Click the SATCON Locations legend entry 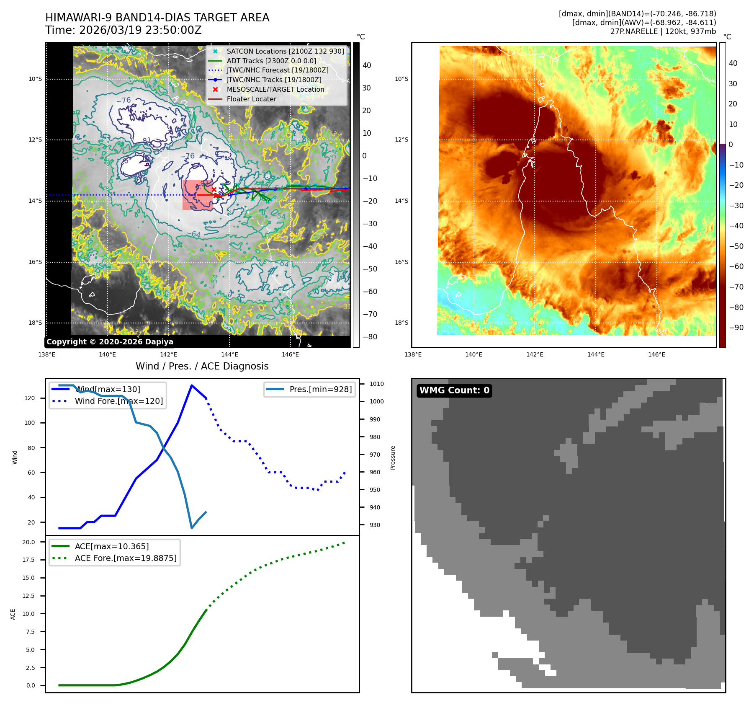pyautogui.click(x=285, y=51)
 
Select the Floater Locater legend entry pyautogui.click(x=251, y=99)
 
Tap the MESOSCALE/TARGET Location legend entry pyautogui.click(x=275, y=89)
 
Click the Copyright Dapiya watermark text pyautogui.click(x=110, y=341)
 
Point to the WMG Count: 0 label pyautogui.click(x=454, y=390)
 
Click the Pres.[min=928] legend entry pyautogui.click(x=320, y=389)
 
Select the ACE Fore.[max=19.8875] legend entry pyautogui.click(x=125, y=558)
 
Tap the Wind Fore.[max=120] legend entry pyautogui.click(x=118, y=401)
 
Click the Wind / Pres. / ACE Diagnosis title pyautogui.click(x=202, y=366)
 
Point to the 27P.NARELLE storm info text pyautogui.click(x=663, y=31)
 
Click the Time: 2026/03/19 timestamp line pyautogui.click(x=123, y=30)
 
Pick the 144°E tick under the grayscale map pyautogui.click(x=229, y=354)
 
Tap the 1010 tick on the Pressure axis pyautogui.click(x=376, y=384)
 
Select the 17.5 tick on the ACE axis pyautogui.click(x=29, y=560)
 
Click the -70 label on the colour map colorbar pyautogui.click(x=736, y=287)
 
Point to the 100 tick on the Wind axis pyautogui.click(x=30, y=423)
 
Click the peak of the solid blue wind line pyautogui.click(x=191, y=385)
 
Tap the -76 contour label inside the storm pyautogui.click(x=187, y=156)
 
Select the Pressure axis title pyautogui.click(x=393, y=457)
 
